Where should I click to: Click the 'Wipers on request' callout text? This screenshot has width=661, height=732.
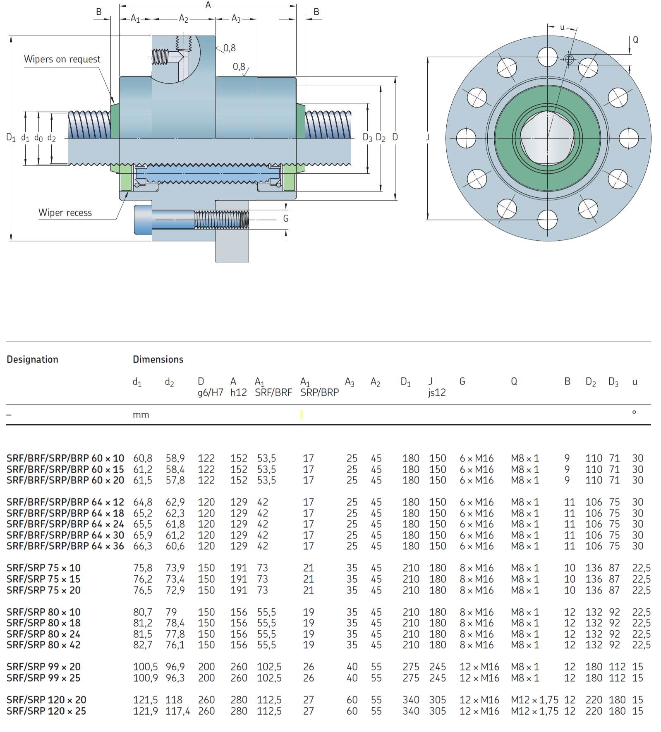62,59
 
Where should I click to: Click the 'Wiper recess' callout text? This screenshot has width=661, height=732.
65,213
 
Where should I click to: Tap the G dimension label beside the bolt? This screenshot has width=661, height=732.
286,218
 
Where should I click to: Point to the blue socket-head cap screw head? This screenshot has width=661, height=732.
143,219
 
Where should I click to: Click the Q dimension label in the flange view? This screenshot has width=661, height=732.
635,40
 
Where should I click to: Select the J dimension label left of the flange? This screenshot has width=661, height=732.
428,137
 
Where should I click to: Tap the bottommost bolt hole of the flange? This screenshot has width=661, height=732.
548,219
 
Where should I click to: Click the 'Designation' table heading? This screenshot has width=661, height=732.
32,359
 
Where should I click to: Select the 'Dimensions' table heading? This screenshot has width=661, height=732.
158,359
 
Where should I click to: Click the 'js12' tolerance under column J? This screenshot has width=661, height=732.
437,392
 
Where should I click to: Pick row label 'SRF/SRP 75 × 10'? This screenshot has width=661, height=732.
43,568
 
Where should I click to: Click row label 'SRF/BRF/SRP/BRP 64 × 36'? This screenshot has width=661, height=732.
65,546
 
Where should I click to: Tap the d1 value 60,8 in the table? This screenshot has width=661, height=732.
143,458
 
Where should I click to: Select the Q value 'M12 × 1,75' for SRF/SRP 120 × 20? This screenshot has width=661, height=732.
534,700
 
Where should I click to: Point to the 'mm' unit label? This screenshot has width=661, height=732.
141,415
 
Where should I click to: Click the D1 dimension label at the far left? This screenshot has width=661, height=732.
11,137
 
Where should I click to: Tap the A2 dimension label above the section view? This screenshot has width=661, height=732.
184,19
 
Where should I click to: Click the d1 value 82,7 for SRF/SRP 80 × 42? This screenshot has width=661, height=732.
143,645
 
